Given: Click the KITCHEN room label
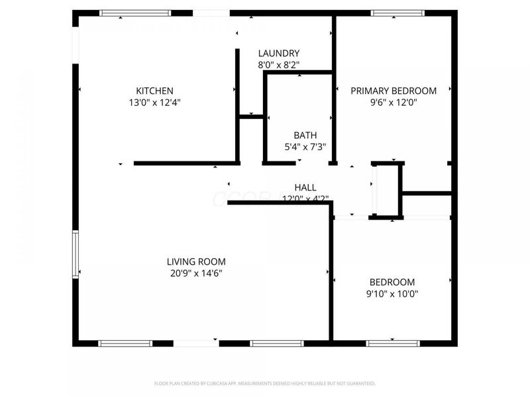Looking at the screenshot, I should pyautogui.click(x=154, y=91).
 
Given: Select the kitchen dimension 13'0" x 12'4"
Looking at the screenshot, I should pyautogui.click(x=154, y=103).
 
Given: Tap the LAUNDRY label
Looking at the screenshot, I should pyautogui.click(x=278, y=54).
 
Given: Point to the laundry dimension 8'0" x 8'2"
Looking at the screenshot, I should pyautogui.click(x=278, y=65).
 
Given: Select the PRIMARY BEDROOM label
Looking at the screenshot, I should pyautogui.click(x=394, y=91).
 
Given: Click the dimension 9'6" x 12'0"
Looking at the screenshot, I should pyautogui.click(x=394, y=103).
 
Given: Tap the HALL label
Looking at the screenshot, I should pyautogui.click(x=305, y=187).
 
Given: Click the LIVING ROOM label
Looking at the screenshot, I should pyautogui.click(x=196, y=261).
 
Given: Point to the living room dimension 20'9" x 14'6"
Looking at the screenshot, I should pyautogui.click(x=196, y=273).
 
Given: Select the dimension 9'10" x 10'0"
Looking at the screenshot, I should pyautogui.click(x=392, y=293).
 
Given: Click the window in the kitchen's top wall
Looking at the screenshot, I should pyautogui.click(x=134, y=13).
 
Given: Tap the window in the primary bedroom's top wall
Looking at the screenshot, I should pyautogui.click(x=397, y=13).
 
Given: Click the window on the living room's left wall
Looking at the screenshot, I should pyautogui.click(x=76, y=253).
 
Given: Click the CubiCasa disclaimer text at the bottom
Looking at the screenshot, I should pyautogui.click(x=265, y=383).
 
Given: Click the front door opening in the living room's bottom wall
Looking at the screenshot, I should pyautogui.click(x=196, y=343).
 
